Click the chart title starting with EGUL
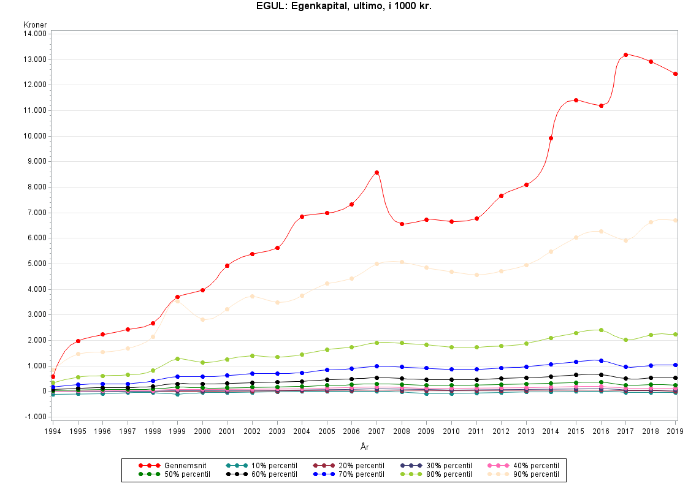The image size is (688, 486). tap(344, 7)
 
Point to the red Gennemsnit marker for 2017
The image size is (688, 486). tap(625, 55)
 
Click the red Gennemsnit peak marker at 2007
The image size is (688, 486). tap(376, 172)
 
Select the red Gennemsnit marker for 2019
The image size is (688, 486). tap(675, 74)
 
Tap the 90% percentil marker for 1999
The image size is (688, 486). tap(177, 301)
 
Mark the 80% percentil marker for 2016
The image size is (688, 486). tap(601, 330)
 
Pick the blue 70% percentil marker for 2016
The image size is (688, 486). tap(601, 360)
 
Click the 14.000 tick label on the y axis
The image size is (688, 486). tap(35, 34)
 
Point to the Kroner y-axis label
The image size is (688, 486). tap(35, 25)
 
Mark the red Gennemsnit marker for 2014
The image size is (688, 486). tap(551, 138)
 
